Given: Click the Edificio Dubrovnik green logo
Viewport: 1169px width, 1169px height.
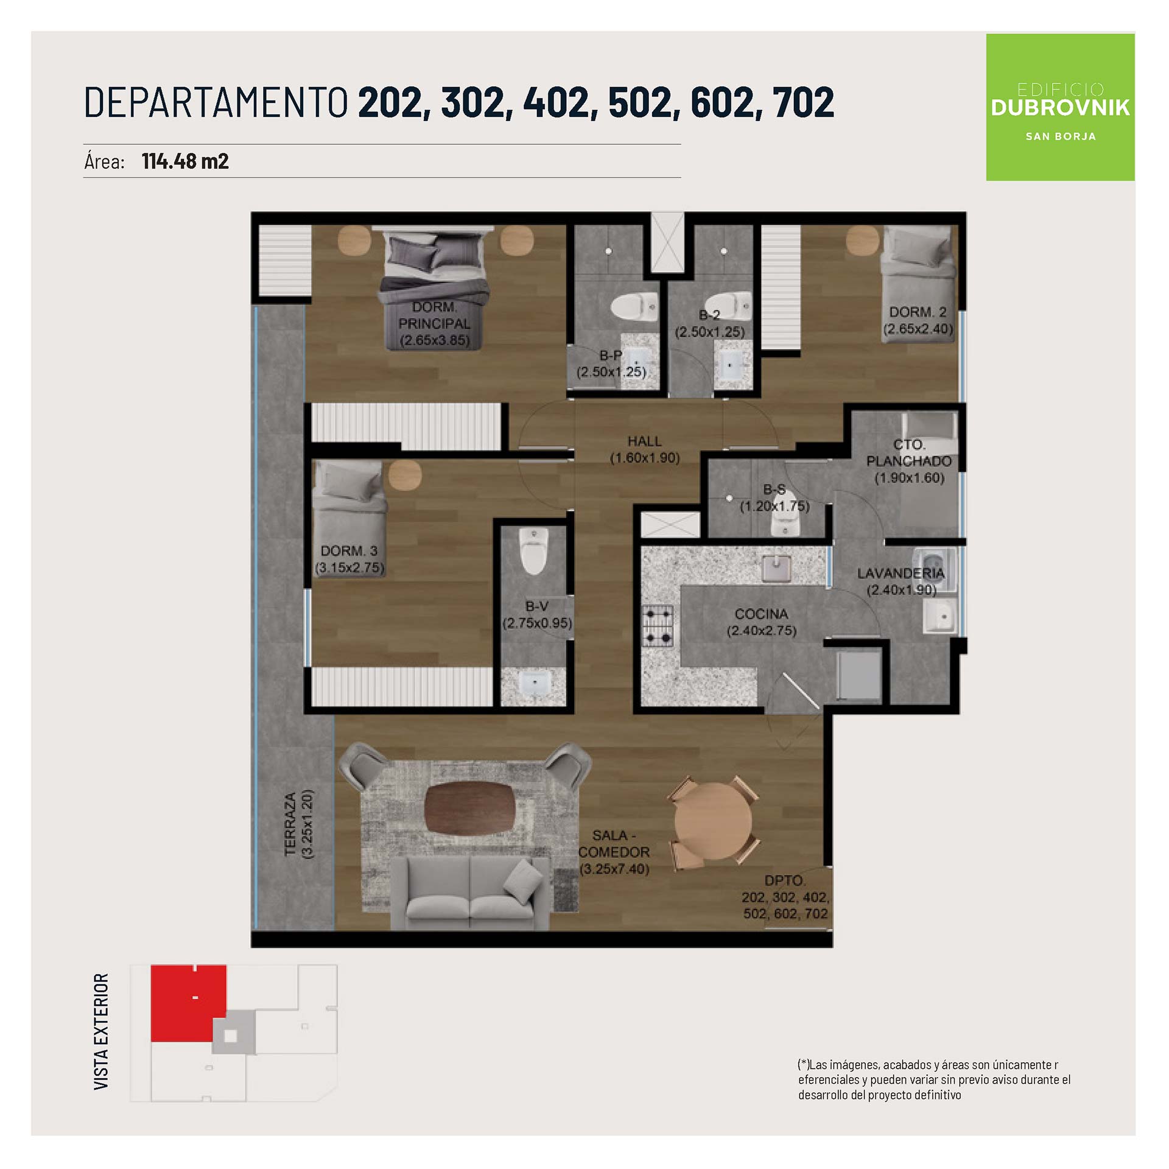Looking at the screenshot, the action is pos(1060,107).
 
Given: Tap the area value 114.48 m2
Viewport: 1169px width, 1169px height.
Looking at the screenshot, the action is pos(185,161).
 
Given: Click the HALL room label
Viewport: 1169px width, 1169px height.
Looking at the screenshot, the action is pos(644,441).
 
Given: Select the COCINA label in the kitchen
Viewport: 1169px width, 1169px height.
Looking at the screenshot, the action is pos(761,614).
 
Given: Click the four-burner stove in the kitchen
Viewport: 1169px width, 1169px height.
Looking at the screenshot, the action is pos(658,626).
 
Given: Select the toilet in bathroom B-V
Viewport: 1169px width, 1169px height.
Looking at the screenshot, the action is pos(534,551).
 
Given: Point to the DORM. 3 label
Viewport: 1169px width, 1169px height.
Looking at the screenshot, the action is pos(349,551).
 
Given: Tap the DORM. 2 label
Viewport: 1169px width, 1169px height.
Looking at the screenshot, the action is pos(918,312).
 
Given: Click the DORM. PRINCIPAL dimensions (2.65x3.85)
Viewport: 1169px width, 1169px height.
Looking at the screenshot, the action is pos(434,340).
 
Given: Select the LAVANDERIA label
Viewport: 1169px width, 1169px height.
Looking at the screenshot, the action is pos(900,574).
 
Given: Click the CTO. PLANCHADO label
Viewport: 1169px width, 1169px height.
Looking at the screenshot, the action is pos(909,453).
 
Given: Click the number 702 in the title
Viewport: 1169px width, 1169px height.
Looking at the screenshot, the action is pos(803,102).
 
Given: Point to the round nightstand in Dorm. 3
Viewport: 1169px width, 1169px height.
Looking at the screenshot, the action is pos(405,476).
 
